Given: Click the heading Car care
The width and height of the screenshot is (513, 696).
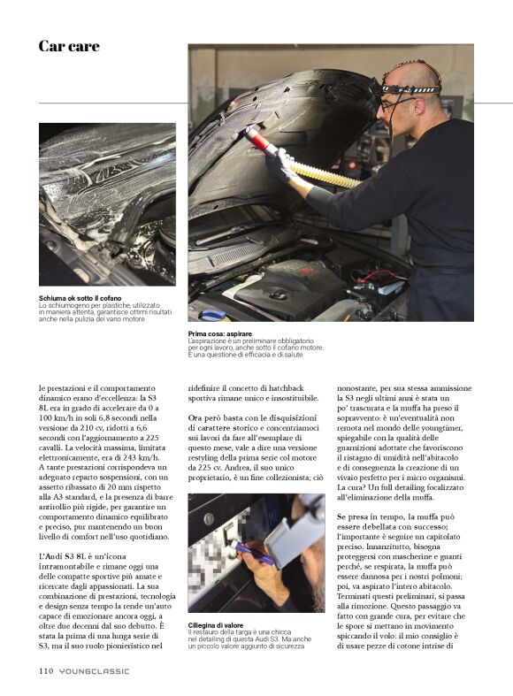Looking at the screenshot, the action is click(x=69, y=46).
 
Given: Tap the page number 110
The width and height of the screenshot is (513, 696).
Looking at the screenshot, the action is click(x=46, y=670).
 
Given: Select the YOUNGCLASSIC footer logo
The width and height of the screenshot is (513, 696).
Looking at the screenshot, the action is click(x=94, y=671).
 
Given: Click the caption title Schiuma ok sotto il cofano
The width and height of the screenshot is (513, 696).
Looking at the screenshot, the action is click(x=80, y=298).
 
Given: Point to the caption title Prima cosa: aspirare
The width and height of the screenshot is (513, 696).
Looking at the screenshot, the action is click(x=219, y=333).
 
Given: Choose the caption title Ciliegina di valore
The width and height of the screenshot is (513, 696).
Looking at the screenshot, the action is click(x=215, y=625).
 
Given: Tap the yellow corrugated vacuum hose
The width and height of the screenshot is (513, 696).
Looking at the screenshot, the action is click(x=325, y=173).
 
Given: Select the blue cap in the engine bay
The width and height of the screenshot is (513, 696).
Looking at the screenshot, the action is click(x=214, y=315).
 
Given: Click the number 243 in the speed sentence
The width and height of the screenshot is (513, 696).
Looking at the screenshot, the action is click(x=128, y=457).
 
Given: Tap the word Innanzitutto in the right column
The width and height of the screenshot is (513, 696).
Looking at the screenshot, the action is click(x=389, y=547).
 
